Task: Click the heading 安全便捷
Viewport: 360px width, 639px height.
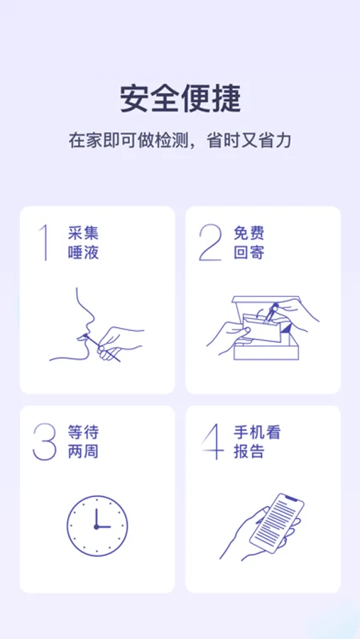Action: (x=180, y=99)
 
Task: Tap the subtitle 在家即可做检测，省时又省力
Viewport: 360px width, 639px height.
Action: (x=180, y=141)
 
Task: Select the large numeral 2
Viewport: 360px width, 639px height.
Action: (x=210, y=243)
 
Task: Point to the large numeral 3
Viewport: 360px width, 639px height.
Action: (x=45, y=442)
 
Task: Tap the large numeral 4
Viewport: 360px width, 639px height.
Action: (x=213, y=442)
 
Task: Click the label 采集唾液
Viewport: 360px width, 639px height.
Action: (x=84, y=243)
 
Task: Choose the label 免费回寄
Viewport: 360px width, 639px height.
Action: (x=249, y=243)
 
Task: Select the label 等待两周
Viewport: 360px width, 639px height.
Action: (x=84, y=442)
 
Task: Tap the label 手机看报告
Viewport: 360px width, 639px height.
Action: (x=257, y=442)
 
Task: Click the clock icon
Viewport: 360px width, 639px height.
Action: (x=97, y=525)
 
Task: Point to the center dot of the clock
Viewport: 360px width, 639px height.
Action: (x=97, y=527)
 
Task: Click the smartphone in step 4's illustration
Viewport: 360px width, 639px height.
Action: (x=277, y=523)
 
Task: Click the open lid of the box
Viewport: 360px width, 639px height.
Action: (x=265, y=304)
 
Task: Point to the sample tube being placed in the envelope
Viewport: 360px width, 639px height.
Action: (x=271, y=313)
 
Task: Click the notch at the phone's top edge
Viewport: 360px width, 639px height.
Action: (x=290, y=498)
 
